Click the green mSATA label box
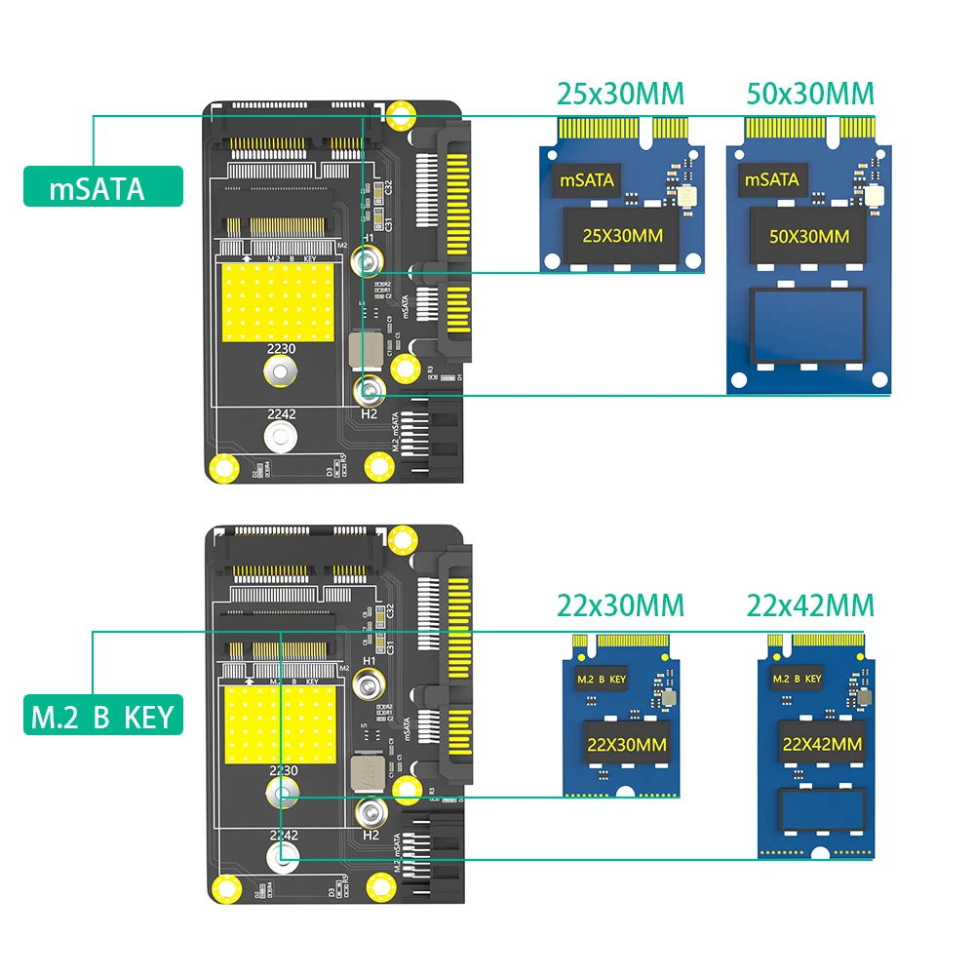pyautogui.click(x=102, y=187)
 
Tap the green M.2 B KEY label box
pyautogui.click(x=102, y=718)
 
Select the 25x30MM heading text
pyautogui.click(x=620, y=94)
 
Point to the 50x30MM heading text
pyautogui.click(x=810, y=94)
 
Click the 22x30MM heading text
pyautogui.click(x=620, y=605)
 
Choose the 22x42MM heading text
pyautogui.click(x=810, y=605)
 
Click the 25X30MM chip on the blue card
pyautogui.click(x=621, y=235)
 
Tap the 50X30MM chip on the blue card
pyautogui.click(x=808, y=235)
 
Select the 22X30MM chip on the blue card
pyautogui.click(x=625, y=744)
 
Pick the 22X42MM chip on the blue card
pyautogui.click(x=822, y=744)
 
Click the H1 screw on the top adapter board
pyautogui.click(x=368, y=260)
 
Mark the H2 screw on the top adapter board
pyautogui.click(x=368, y=393)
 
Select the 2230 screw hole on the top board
pyautogui.click(x=281, y=370)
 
